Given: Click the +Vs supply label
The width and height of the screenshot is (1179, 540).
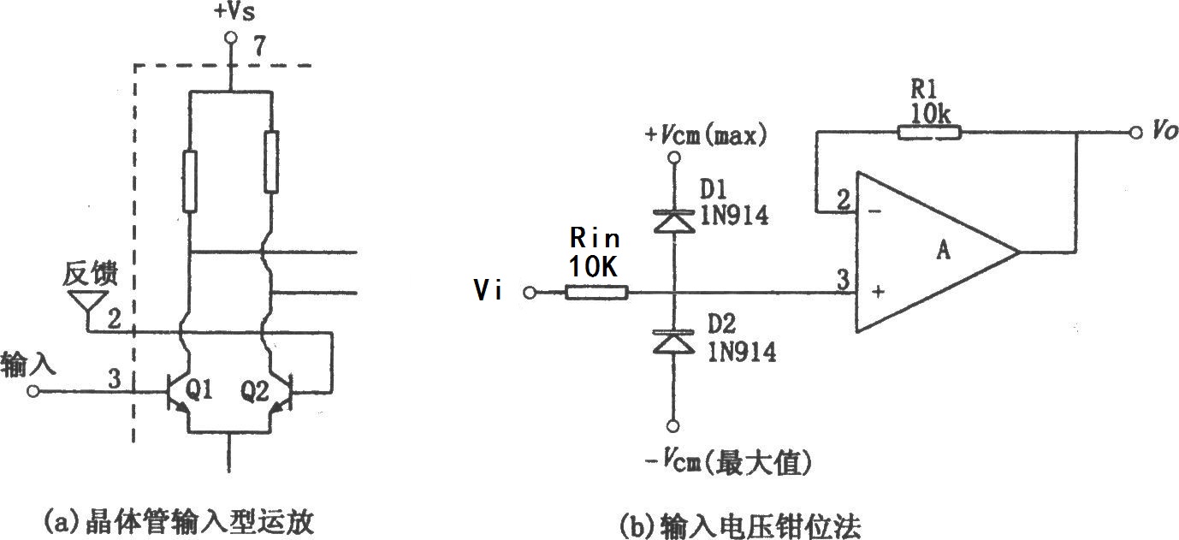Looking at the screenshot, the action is [x=234, y=12].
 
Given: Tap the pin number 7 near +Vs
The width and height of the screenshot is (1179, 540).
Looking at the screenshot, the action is [x=259, y=46].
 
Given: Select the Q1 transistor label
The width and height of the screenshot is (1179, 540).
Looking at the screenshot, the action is [x=199, y=390].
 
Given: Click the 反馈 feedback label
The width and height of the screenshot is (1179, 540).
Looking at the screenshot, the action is [x=90, y=273].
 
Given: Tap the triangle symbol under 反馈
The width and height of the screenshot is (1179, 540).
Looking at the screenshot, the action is [x=87, y=302].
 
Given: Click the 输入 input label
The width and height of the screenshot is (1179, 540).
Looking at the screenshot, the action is [x=28, y=365].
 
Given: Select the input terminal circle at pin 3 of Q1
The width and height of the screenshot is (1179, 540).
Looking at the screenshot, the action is [x=33, y=392].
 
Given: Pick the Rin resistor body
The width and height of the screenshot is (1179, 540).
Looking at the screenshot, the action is [x=597, y=293].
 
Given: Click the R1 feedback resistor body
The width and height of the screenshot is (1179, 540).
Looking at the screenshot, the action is [x=929, y=133].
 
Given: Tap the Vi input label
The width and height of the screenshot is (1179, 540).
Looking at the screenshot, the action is [x=488, y=289].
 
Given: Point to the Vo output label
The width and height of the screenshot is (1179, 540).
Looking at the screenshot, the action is [x=1164, y=129].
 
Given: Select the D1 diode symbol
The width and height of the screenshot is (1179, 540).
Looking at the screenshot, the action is [x=673, y=221].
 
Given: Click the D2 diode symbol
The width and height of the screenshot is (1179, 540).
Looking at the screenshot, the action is [x=673, y=341].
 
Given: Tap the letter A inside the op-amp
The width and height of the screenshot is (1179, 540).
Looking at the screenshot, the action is [x=943, y=250].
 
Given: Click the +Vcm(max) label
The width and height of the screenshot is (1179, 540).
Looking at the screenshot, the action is [x=706, y=135].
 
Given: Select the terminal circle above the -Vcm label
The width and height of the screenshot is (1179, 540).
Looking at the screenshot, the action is [x=673, y=426].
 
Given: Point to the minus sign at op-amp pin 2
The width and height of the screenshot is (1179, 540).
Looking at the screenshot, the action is [x=874, y=211].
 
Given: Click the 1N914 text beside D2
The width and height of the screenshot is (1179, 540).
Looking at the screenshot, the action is [x=742, y=351].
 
